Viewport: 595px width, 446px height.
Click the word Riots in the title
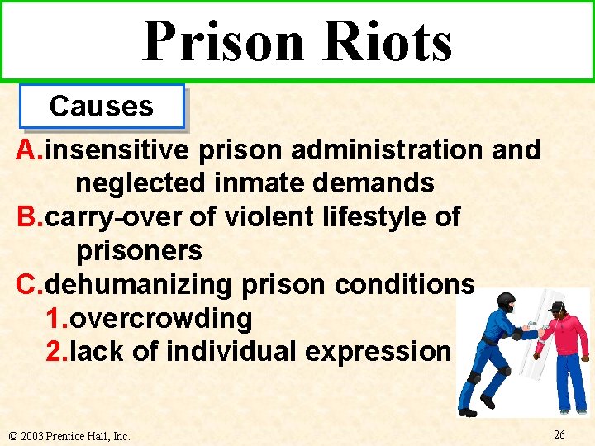386,41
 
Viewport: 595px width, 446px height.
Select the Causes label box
102,107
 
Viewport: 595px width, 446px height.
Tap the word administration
388,150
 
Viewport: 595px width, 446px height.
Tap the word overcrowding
160,318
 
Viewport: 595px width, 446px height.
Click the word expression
377,351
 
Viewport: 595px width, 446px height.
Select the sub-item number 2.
54,351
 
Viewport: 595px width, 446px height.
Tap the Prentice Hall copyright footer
68,435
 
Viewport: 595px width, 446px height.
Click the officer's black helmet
506,301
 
